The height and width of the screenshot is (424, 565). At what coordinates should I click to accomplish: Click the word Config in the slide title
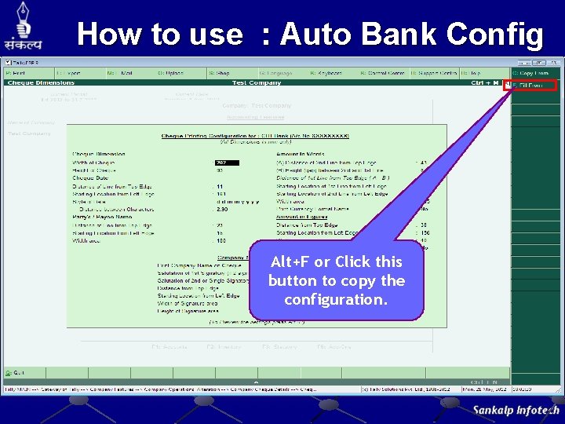[x=494, y=35]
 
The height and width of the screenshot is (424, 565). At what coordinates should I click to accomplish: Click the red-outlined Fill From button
[x=534, y=85]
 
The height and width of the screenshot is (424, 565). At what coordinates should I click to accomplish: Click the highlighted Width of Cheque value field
[x=227, y=163]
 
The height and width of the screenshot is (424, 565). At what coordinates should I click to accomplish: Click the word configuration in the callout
[x=337, y=299]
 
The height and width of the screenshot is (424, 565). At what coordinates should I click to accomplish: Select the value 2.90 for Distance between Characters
[x=221, y=210]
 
